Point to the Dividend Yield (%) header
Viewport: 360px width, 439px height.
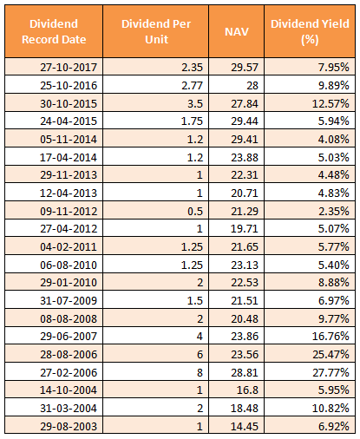click(311, 29)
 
